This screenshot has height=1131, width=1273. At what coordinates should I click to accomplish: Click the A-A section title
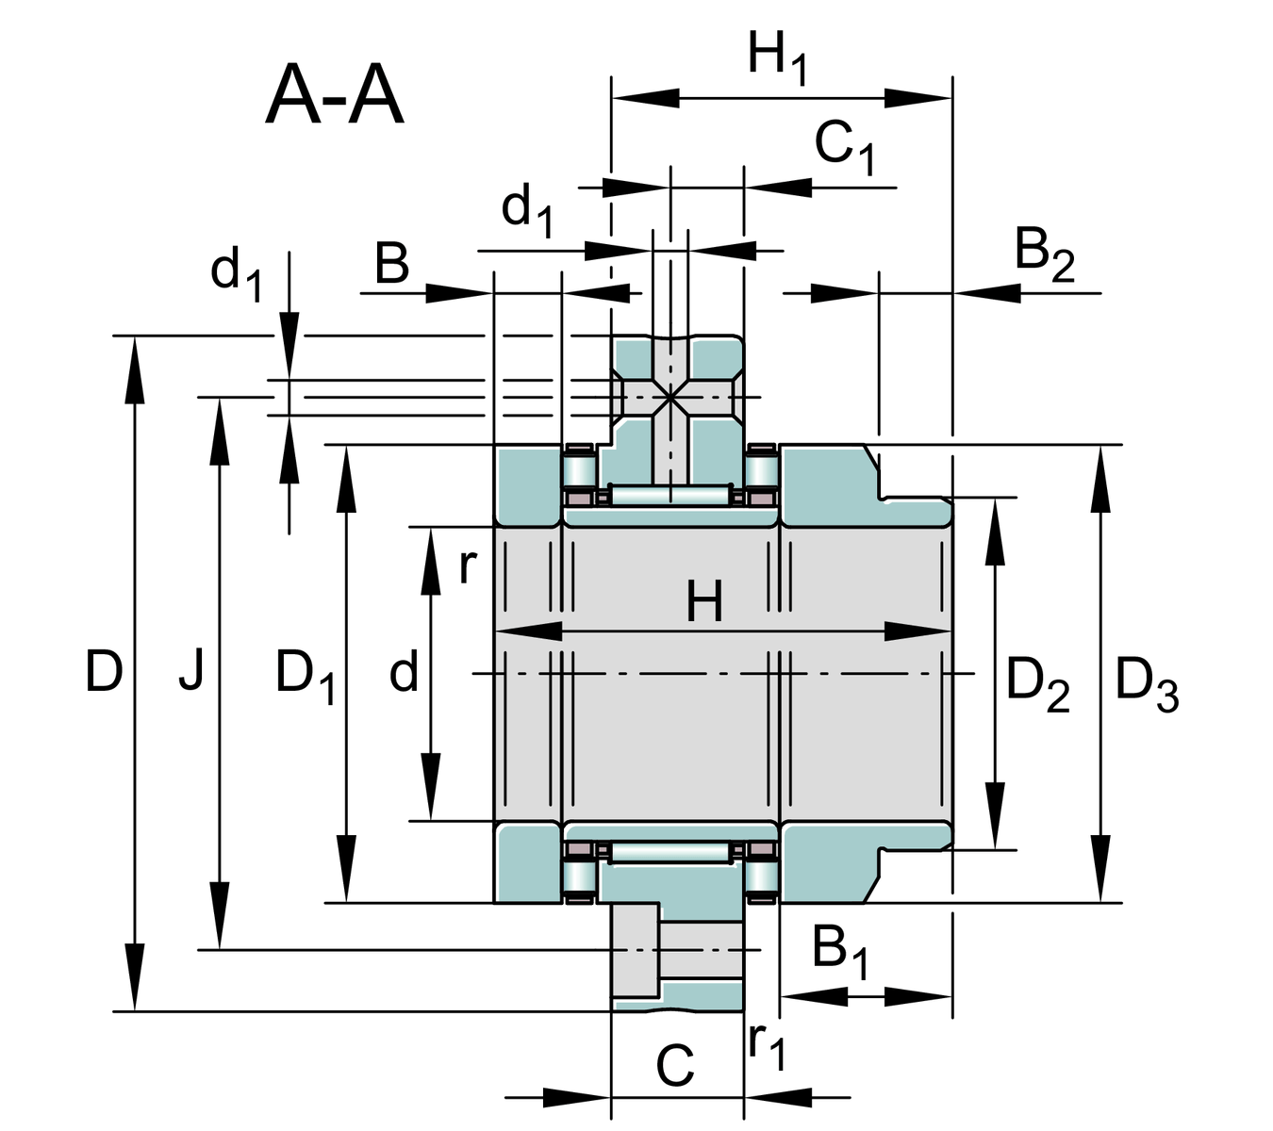(335, 96)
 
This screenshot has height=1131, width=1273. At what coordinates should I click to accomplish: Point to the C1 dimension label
(845, 147)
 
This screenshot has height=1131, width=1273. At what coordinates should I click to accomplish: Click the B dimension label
(392, 264)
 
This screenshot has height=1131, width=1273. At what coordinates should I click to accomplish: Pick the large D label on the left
(104, 673)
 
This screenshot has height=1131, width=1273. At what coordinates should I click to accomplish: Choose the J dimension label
(191, 673)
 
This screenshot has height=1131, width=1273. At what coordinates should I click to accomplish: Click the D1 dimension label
(305, 677)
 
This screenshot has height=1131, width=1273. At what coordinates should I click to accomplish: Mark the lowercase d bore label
(404, 673)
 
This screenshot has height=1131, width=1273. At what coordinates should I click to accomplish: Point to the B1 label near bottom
(840, 950)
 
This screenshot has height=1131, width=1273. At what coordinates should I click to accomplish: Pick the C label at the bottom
(675, 1067)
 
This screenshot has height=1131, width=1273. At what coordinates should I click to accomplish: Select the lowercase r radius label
(468, 567)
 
